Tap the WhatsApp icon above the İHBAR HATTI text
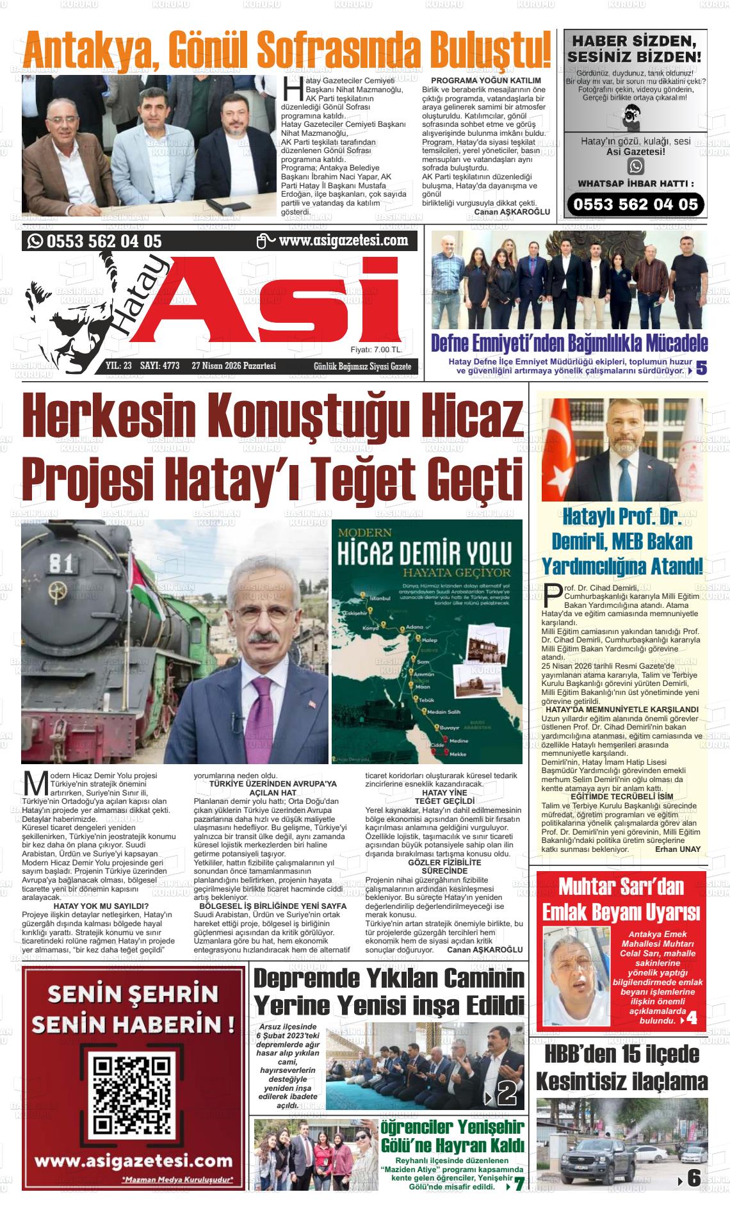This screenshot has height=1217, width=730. [x=636, y=167]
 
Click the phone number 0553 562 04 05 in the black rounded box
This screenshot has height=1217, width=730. [x=636, y=204]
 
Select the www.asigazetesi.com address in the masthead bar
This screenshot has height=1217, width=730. [x=343, y=240]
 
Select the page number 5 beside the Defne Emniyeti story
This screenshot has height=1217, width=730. [x=701, y=368]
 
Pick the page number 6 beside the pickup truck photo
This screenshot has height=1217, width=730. [x=693, y=1178]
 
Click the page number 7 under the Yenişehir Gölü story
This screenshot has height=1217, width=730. [x=519, y=1185]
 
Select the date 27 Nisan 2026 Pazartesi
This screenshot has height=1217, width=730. [x=234, y=366]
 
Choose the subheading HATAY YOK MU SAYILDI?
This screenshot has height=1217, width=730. [x=101, y=906]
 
